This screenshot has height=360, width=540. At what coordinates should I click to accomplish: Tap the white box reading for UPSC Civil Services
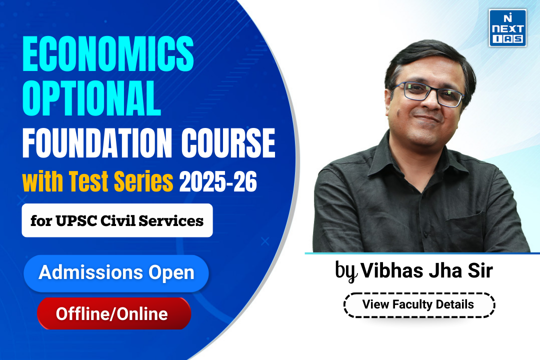[x=117, y=220]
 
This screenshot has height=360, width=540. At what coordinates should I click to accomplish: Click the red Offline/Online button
[x=114, y=313]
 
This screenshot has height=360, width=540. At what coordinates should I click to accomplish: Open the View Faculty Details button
[x=418, y=304]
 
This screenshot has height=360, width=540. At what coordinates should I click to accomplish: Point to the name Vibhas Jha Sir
[x=427, y=271]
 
